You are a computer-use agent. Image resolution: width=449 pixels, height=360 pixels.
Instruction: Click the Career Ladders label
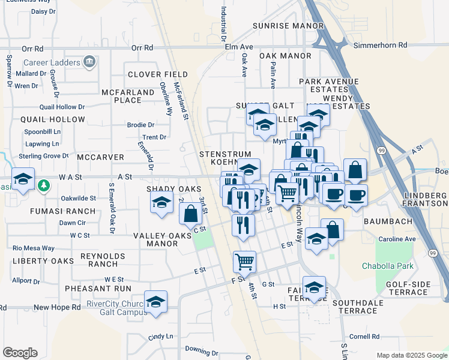52,62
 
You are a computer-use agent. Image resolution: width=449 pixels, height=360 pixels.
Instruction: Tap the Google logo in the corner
20,353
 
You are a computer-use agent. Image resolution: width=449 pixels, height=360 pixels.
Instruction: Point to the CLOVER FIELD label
158,74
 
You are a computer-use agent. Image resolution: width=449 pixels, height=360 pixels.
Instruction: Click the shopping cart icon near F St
244,262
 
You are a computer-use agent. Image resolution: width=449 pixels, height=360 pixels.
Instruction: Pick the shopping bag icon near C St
190,214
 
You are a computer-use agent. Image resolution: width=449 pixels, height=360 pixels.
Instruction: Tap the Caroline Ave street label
397,239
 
